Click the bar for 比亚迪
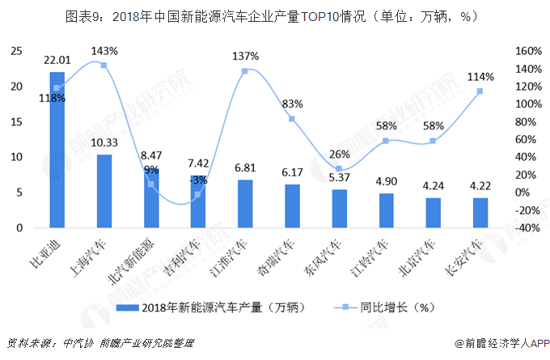[x=57, y=150]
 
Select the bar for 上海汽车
[x=104, y=191]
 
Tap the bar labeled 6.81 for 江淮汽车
[x=245, y=203]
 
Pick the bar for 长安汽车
[x=480, y=213]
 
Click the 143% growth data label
[x=104, y=51]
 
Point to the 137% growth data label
[x=245, y=57]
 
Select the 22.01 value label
[x=57, y=60]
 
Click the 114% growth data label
[x=480, y=77]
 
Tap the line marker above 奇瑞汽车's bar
[x=292, y=119]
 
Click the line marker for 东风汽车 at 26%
[x=339, y=169]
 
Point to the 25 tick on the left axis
[x=15, y=51]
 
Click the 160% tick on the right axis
[x=527, y=51]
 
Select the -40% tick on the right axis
[x=527, y=228]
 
